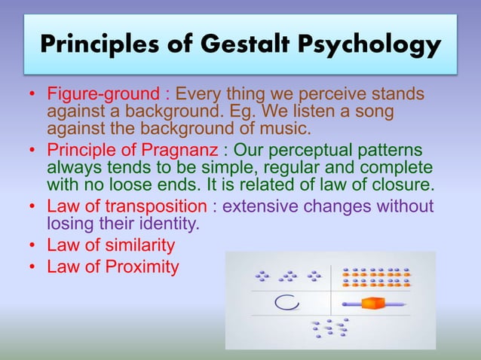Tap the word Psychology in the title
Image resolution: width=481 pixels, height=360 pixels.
tap(381, 46)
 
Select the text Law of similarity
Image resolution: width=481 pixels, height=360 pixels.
tap(111, 246)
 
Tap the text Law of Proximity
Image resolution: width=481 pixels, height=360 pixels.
tap(113, 266)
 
